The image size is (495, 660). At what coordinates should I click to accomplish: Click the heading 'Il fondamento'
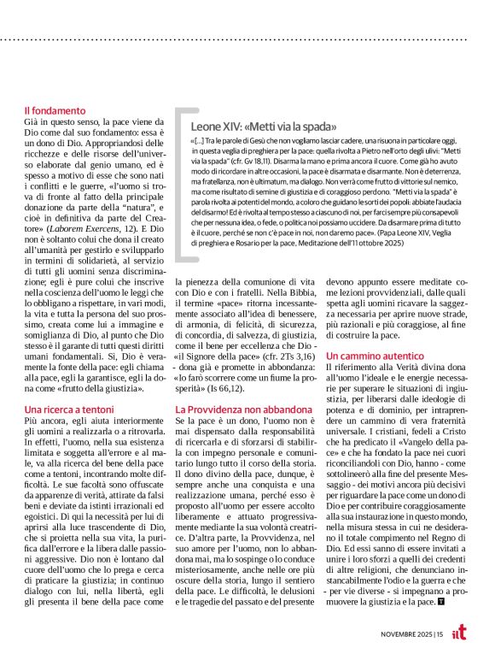(55, 110)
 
